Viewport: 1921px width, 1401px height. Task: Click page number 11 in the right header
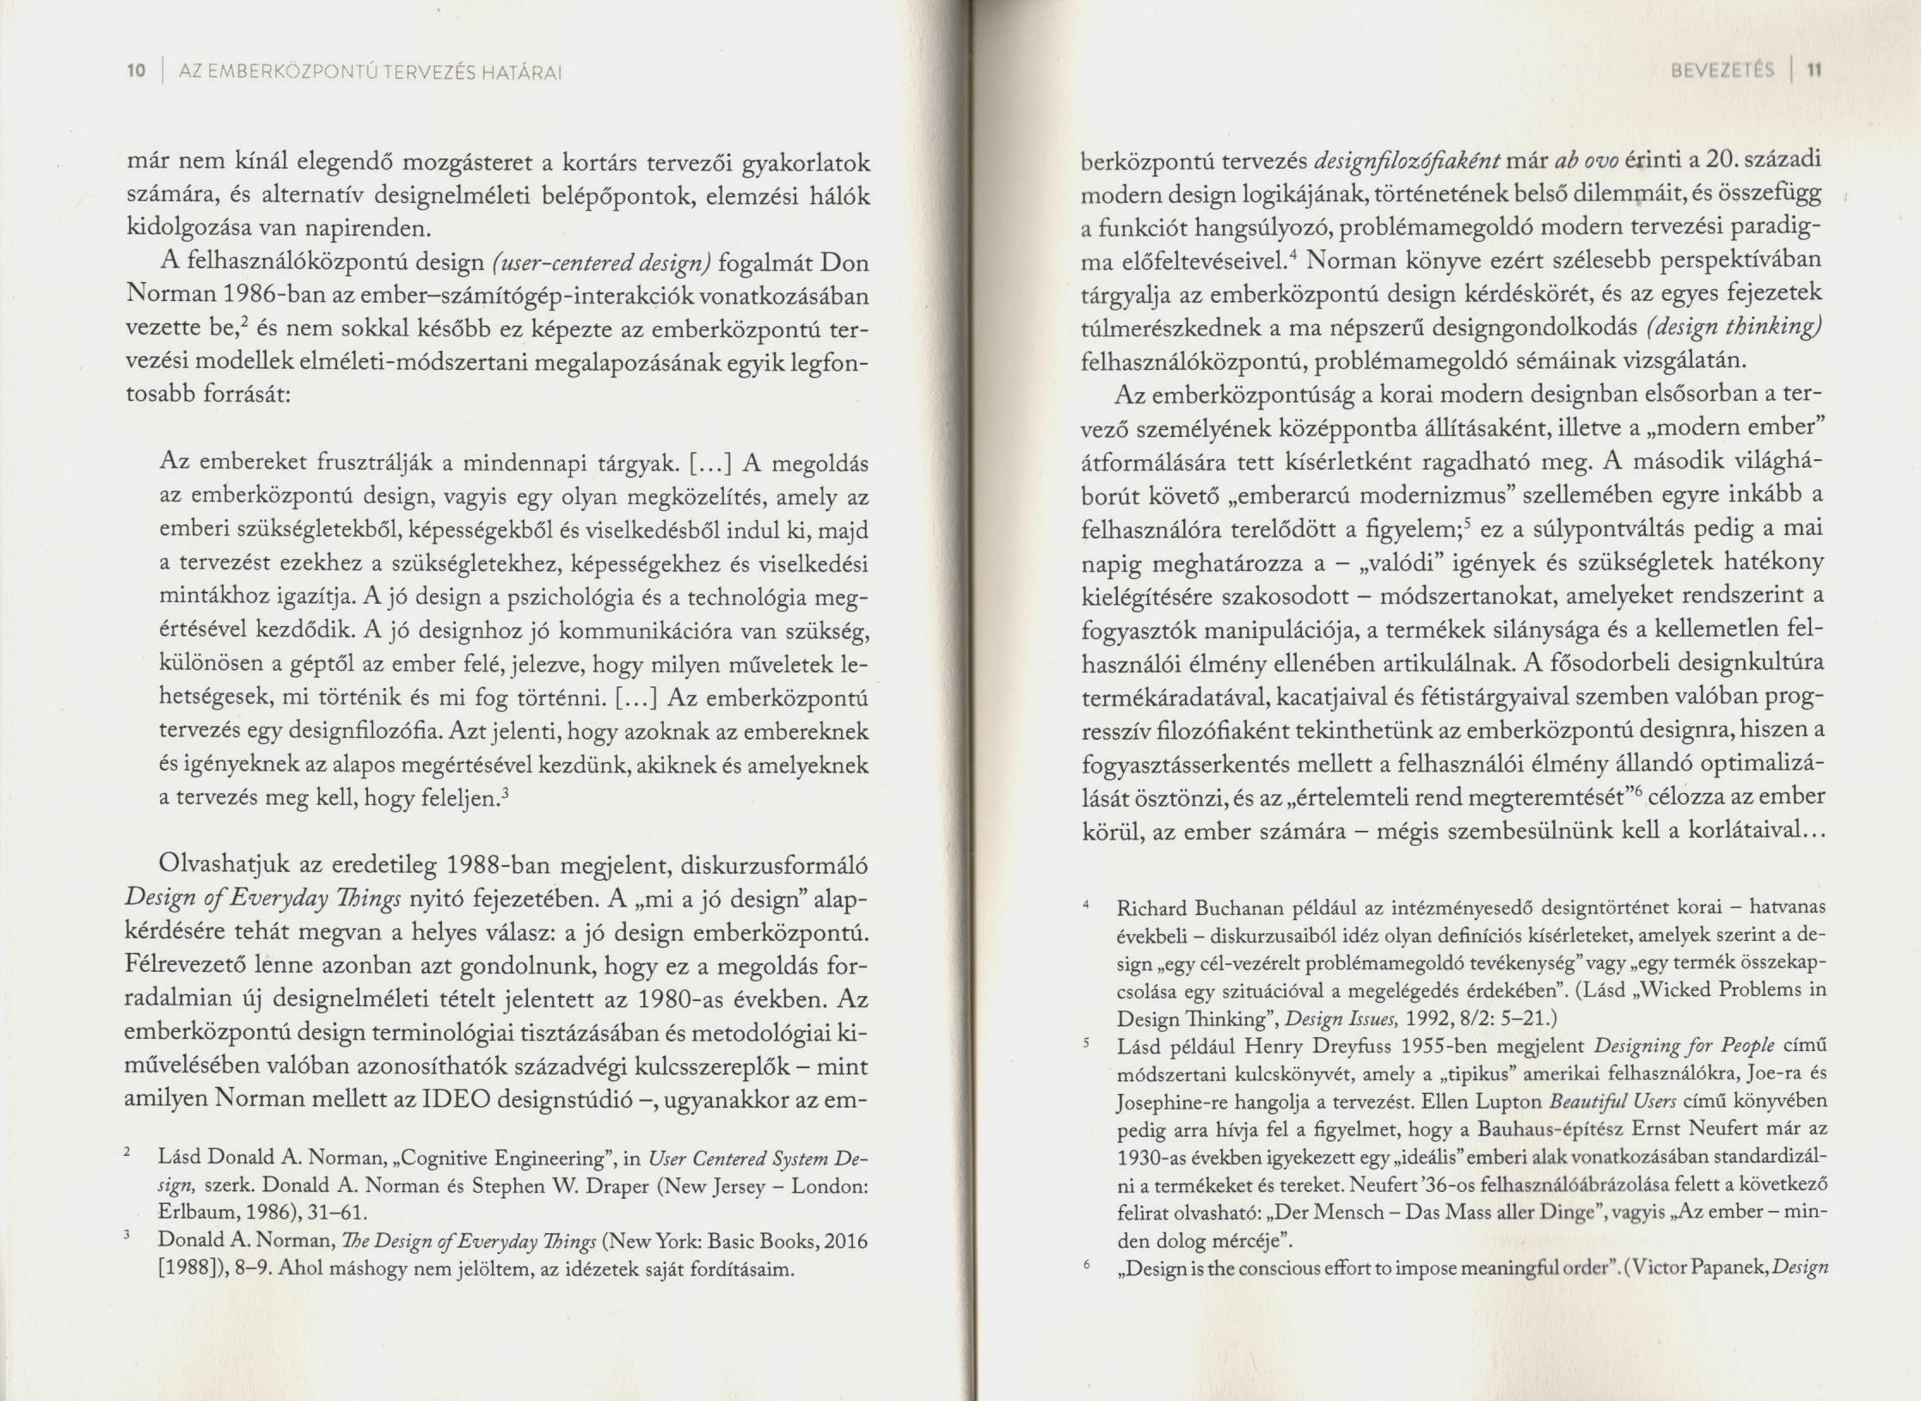[x=1809, y=71]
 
